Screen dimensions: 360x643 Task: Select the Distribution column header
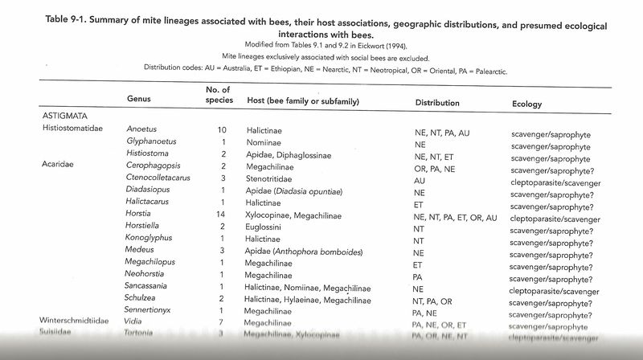(437, 104)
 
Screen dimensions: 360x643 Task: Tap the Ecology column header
(526, 104)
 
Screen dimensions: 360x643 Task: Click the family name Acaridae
(58, 165)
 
